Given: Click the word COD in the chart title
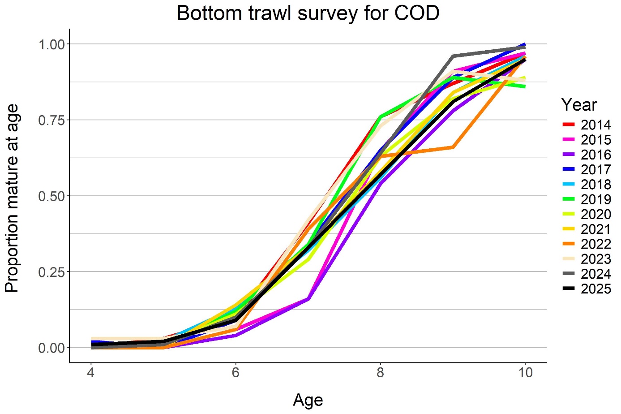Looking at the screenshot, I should coord(416,13).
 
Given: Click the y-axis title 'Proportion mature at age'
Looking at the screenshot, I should coord(12,198).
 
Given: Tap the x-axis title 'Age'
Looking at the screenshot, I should coord(308,400).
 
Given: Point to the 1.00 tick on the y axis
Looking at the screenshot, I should coord(51,44).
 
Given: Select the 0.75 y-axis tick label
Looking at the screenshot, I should coord(51,120).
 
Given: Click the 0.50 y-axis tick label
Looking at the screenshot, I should coord(51,196).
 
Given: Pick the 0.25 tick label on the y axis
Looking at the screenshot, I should coord(51,272).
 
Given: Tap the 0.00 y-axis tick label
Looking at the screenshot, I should coord(51,348).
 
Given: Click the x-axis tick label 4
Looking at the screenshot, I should coord(91,373).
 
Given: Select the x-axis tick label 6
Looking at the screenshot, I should coord(236,373).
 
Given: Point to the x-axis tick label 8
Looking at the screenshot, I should coord(380,373).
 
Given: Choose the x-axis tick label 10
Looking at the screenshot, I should coord(525,373).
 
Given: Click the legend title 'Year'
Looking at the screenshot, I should coord(579,105).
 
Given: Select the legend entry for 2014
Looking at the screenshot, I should coord(595,125).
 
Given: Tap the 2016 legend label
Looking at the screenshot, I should coord(595,155).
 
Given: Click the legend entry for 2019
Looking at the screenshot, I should coord(595,199).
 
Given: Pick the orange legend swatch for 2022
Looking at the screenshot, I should coord(569,244).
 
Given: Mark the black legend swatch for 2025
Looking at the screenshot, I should coord(569,289).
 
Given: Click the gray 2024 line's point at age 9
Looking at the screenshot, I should coord(453,56).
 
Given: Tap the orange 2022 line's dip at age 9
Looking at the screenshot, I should coord(453,147).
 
